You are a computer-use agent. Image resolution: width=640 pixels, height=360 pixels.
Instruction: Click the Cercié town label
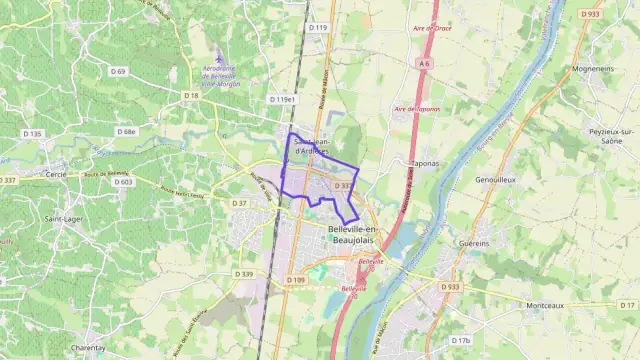[56, 174]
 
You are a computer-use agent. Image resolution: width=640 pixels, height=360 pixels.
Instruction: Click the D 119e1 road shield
[282, 100]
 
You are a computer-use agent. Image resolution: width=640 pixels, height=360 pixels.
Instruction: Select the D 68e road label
[126, 131]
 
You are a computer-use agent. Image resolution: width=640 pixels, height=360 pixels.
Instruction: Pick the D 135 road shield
[33, 133]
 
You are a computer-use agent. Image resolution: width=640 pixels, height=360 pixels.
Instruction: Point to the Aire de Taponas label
[417, 108]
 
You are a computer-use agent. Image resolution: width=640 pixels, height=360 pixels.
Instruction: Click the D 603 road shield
[123, 182]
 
